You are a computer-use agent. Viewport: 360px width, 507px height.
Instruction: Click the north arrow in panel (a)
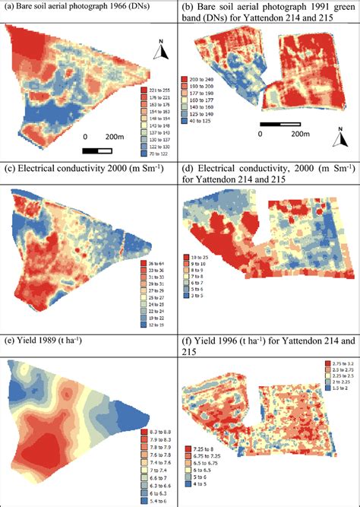(159, 52)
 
